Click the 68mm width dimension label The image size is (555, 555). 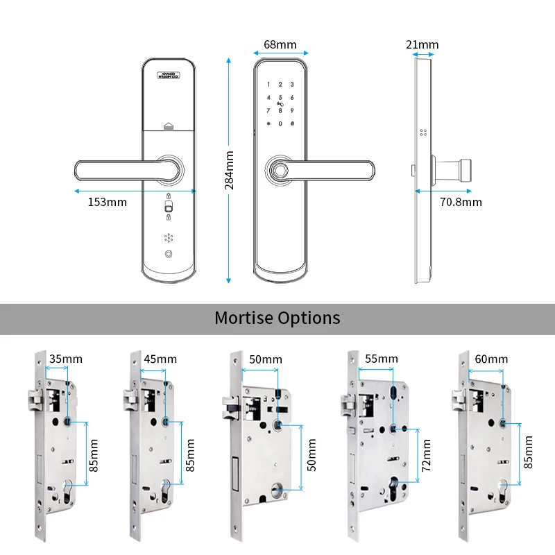coord(280,45)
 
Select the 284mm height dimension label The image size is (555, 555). coord(230,169)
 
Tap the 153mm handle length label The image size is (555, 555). coord(107,203)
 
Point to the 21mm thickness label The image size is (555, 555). coord(422,45)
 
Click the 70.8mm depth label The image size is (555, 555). coord(461,203)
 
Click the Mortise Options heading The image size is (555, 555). coord(277,318)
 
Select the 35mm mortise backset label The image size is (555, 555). coord(66,359)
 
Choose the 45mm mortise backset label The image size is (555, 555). coord(160,359)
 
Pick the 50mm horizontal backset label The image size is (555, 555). coord(265,359)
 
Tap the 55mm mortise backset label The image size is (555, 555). coord(382,359)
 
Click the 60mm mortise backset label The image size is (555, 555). coord(491,359)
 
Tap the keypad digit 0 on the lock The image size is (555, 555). coord(280,123)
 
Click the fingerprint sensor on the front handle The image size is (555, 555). coord(280,169)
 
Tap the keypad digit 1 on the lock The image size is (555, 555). coord(269,85)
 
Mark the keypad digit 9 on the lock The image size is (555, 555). coord(292,110)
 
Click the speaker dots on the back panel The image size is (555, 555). coord(169,237)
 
